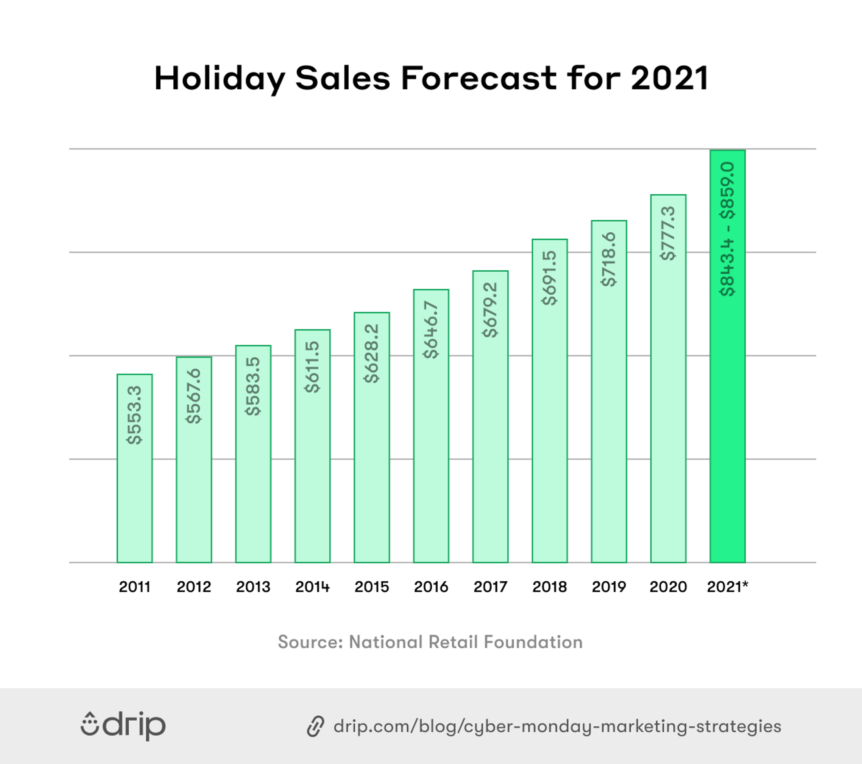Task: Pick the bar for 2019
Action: (x=609, y=409)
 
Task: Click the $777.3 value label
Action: (x=668, y=233)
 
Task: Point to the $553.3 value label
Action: (x=134, y=415)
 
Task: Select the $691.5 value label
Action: (x=550, y=278)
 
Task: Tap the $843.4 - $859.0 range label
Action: (x=728, y=229)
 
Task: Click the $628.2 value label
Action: (x=372, y=353)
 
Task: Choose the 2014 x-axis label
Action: (x=312, y=587)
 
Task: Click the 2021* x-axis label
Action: (x=728, y=587)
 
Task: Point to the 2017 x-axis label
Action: (x=490, y=587)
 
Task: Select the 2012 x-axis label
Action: (x=194, y=587)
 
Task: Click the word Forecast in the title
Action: (x=478, y=78)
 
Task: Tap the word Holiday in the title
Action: (x=220, y=79)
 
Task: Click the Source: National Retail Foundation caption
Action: (x=430, y=642)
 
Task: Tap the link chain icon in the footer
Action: (x=315, y=726)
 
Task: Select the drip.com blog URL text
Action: (x=557, y=727)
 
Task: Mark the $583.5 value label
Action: (x=253, y=386)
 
